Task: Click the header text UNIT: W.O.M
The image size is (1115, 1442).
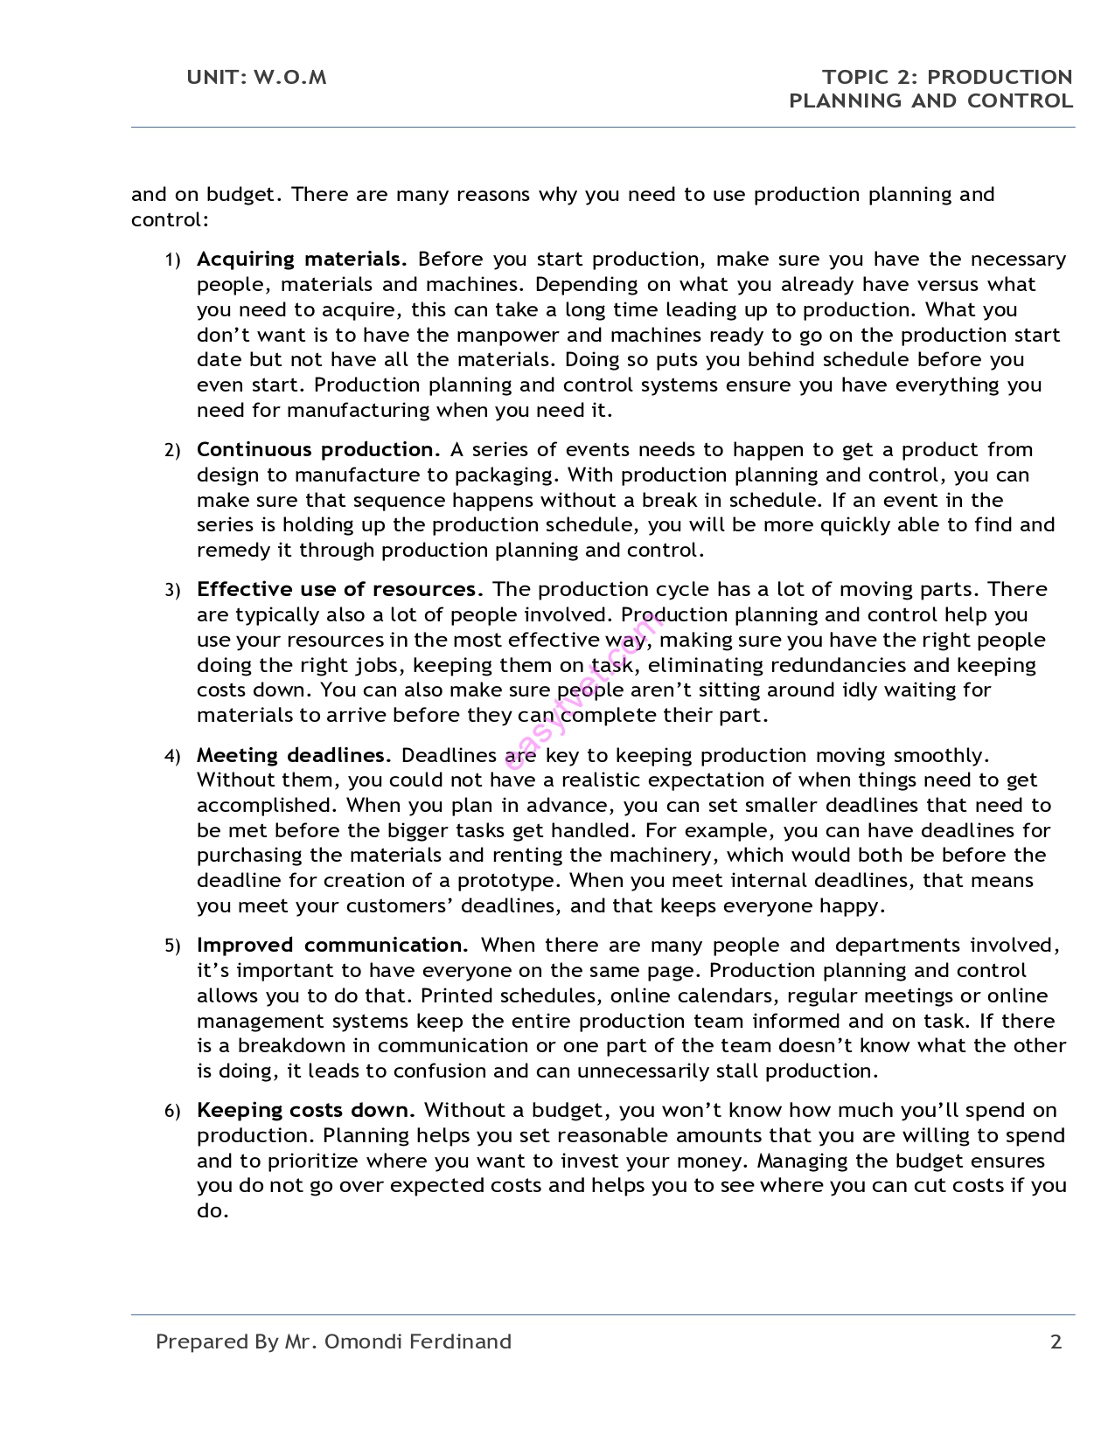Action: [x=256, y=78]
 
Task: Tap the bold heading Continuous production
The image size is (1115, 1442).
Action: [x=316, y=450]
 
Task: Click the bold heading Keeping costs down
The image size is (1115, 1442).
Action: [x=303, y=1111]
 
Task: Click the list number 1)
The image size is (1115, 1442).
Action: [x=172, y=260]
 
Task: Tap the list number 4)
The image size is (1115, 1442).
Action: [x=172, y=757]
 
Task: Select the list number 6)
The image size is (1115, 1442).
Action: [x=172, y=1112]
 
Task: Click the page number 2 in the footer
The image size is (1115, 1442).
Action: [x=1056, y=1342]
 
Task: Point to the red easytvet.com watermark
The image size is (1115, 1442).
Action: [x=584, y=690]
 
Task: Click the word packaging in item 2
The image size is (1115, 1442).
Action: [x=506, y=475]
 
